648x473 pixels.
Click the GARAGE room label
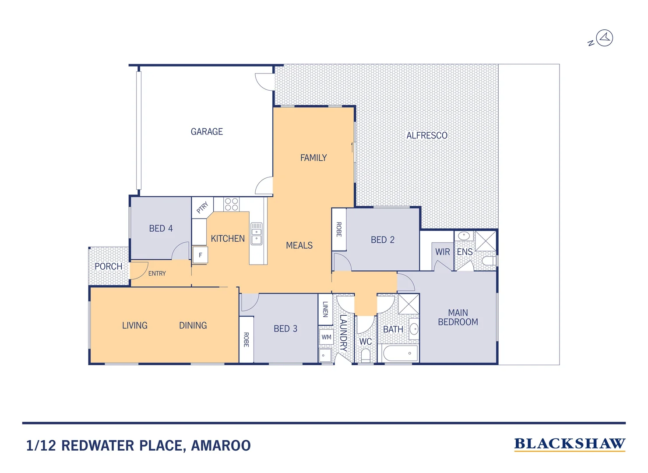click(207, 132)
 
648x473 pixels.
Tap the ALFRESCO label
click(427, 136)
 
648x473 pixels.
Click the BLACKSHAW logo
click(570, 444)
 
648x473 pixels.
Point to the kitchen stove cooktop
click(232, 205)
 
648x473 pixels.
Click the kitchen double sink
click(257, 234)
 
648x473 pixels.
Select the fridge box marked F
click(201, 255)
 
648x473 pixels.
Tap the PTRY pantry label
click(202, 208)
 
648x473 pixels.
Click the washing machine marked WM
click(326, 337)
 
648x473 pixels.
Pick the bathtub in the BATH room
click(400, 353)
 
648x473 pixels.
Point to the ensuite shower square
click(486, 241)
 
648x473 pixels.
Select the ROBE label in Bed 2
click(339, 229)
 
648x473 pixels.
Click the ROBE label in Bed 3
click(246, 340)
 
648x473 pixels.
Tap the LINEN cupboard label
click(325, 309)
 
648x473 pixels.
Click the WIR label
click(442, 252)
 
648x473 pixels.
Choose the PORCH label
click(109, 266)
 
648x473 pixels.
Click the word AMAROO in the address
click(221, 446)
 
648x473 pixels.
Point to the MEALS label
click(299, 246)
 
